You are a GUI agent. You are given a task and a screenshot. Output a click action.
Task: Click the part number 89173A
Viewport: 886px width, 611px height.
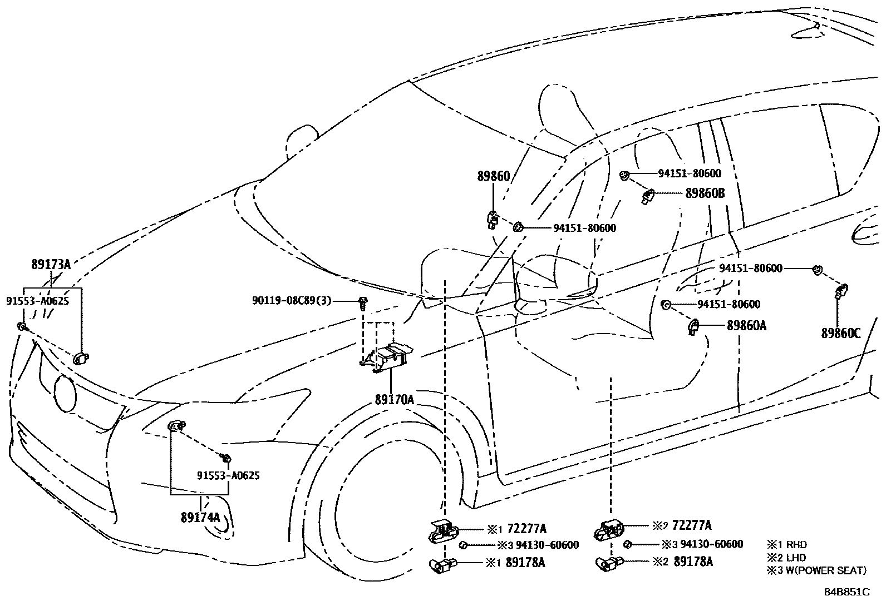(x=51, y=265)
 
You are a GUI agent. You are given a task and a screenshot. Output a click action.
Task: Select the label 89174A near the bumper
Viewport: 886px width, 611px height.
(x=200, y=517)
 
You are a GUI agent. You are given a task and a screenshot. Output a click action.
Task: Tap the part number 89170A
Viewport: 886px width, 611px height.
(x=394, y=399)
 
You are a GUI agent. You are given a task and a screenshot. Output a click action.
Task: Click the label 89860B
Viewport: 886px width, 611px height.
(x=705, y=193)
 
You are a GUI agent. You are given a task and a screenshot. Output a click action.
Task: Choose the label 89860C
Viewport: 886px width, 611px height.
(x=840, y=334)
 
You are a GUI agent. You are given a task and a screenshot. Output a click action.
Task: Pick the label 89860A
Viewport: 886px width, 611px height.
(x=746, y=326)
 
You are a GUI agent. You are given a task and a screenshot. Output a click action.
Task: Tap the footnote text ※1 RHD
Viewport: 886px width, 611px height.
(x=786, y=545)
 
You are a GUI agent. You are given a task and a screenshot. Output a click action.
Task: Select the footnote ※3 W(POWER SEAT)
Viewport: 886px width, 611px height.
(x=816, y=570)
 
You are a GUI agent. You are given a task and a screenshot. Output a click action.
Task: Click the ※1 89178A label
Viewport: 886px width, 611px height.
(x=516, y=563)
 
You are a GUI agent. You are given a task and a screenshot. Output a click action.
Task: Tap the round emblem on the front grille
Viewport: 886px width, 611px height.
(x=65, y=393)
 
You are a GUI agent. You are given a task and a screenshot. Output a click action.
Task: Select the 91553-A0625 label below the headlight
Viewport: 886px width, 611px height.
(x=228, y=476)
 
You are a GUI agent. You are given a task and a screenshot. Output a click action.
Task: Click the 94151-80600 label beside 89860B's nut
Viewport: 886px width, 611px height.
(x=690, y=173)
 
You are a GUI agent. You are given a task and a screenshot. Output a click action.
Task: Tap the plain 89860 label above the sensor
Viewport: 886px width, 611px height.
(x=493, y=177)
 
